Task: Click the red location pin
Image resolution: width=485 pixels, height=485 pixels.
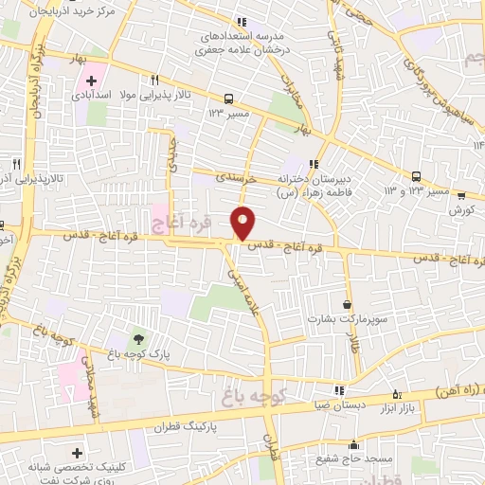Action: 243,223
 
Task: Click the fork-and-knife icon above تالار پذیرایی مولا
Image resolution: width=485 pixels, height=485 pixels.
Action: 154,81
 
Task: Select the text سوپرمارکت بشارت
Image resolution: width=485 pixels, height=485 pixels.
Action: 332,319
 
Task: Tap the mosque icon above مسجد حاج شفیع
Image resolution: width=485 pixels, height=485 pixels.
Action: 354,444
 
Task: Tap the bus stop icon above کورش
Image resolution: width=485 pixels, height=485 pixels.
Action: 462,196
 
